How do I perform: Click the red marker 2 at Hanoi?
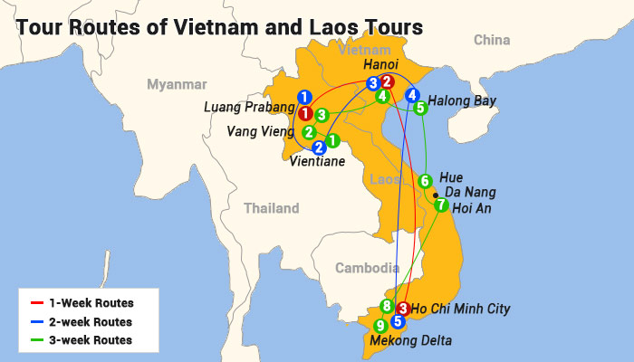click(x=387, y=81)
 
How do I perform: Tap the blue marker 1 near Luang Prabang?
click(x=305, y=97)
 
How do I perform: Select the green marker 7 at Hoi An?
click(x=441, y=205)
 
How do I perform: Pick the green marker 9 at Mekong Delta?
click(x=380, y=326)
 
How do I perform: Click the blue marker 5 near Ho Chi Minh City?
click(x=397, y=320)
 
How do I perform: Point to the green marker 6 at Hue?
click(x=425, y=182)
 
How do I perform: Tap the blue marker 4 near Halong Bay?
click(x=412, y=95)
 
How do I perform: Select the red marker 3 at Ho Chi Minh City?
click(x=403, y=308)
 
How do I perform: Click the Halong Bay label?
click(x=461, y=101)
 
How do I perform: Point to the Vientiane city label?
click(x=317, y=163)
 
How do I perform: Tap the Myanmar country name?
click(x=178, y=84)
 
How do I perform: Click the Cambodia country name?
click(x=367, y=268)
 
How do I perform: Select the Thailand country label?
click(x=271, y=208)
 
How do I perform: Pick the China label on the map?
click(x=492, y=40)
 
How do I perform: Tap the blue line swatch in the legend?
click(x=37, y=321)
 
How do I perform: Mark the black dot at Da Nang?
click(x=436, y=195)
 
